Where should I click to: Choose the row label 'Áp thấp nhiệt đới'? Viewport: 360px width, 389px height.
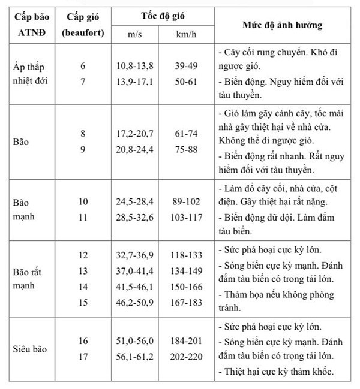click(30, 74)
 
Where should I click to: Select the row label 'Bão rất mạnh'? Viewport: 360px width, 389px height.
click(30, 278)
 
